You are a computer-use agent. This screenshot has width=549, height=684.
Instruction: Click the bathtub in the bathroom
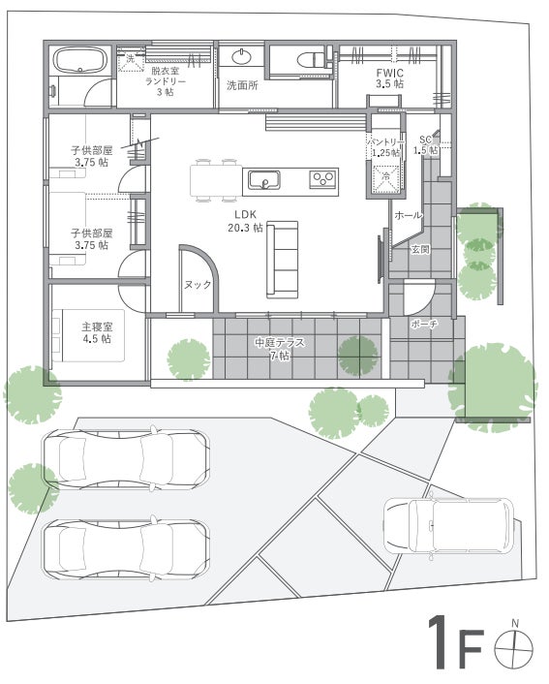[80, 59]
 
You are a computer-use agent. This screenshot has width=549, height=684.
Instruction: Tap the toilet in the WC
[312, 59]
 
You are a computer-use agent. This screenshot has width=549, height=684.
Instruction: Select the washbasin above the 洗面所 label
[241, 57]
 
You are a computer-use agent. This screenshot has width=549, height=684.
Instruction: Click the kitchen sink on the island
[263, 180]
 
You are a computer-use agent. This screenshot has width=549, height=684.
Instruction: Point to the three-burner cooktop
[323, 179]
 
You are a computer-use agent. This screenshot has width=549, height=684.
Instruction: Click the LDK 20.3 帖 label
[246, 221]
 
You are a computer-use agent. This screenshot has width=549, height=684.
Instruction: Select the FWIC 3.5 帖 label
[389, 78]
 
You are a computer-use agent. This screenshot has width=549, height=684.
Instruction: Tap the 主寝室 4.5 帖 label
[97, 332]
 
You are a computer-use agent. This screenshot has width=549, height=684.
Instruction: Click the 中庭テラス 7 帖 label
[280, 349]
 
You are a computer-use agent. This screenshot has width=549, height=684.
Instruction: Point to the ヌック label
[198, 285]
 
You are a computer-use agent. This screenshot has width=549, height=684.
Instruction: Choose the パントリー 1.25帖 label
[385, 147]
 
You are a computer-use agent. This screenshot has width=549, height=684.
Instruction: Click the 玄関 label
[421, 250]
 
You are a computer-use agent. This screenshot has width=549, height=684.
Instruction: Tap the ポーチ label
[424, 325]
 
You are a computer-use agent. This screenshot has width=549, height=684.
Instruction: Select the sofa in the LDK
[282, 260]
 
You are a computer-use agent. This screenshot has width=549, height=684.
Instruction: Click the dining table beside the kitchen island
[216, 180]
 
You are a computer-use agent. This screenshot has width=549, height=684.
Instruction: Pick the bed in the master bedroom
[88, 335]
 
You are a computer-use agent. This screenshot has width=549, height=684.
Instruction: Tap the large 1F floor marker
[456, 642]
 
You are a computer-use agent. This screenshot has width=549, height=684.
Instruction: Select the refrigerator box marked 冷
[386, 179]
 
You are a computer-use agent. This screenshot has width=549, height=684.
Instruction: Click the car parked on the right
[448, 526]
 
